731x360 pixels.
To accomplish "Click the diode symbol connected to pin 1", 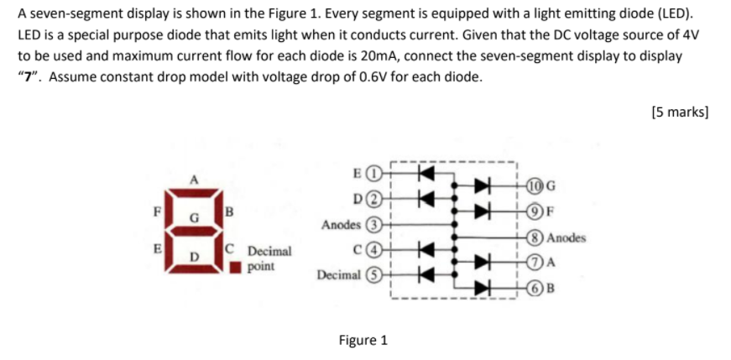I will (425, 175).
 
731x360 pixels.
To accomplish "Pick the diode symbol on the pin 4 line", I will (425, 249).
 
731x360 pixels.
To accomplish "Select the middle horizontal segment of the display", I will (196, 230).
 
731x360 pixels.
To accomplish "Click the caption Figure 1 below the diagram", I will (363, 340).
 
